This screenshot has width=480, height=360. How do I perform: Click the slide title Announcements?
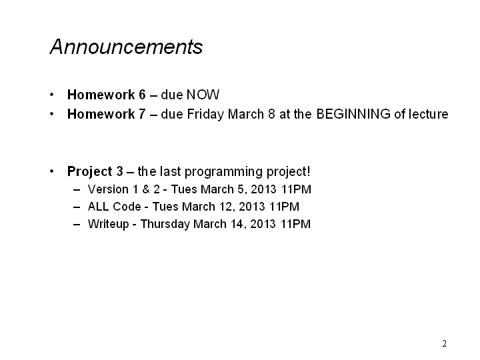126,47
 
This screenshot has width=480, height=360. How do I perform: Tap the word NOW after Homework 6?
203,95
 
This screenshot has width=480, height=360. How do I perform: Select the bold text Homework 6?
107,95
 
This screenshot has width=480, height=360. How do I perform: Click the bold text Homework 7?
107,114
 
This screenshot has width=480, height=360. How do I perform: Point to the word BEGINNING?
353,114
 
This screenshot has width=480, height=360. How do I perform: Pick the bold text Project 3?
95,171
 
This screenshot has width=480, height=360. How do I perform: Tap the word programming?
224,172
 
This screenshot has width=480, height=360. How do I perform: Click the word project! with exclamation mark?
289,172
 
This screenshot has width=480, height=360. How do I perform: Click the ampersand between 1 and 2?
146,189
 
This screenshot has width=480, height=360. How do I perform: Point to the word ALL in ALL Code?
98,207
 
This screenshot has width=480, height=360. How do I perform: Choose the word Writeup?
109,225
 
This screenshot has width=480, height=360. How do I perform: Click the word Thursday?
165,225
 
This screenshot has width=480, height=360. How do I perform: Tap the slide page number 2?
444,343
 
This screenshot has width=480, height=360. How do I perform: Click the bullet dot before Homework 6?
52,95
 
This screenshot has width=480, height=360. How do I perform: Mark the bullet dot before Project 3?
52,171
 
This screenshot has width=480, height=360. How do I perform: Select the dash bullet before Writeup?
77,225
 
